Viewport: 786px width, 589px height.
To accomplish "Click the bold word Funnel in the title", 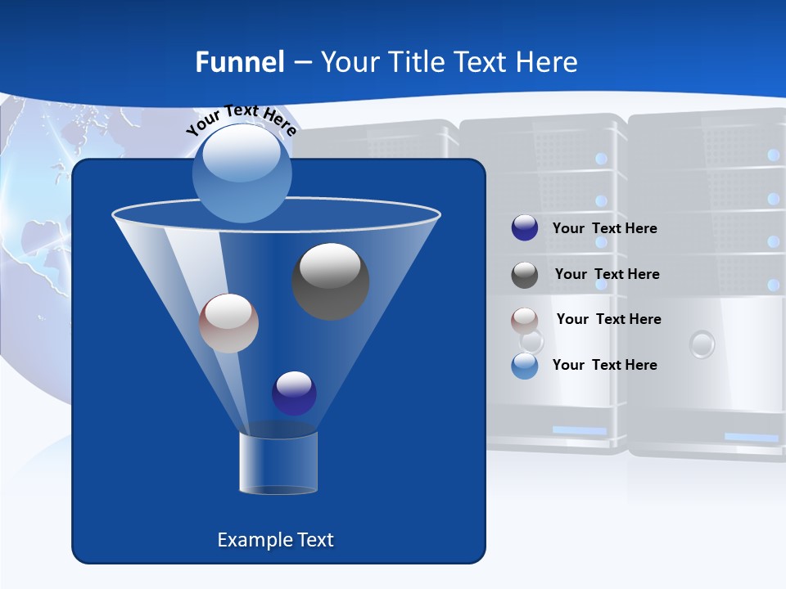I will point(239,62).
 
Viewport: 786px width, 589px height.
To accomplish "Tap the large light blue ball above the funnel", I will point(242,173).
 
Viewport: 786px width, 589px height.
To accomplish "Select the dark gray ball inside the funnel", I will point(330,281).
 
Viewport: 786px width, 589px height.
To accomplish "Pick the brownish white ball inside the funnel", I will point(228,323).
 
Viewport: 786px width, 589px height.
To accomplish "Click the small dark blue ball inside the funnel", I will point(294,393).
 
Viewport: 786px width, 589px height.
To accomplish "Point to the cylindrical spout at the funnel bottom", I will point(278,463).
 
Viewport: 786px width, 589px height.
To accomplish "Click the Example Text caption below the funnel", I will point(275,540).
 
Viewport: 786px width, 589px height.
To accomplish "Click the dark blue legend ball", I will point(525,228).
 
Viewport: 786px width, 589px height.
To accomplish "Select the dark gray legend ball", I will point(525,275).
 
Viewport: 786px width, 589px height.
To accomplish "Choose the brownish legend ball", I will point(525,320).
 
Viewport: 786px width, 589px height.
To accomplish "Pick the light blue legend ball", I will point(525,366).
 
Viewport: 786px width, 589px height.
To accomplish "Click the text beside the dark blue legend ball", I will point(604,228).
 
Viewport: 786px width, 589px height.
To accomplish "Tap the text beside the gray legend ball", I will point(607,274).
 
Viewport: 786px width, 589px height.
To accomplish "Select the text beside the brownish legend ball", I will point(608,319).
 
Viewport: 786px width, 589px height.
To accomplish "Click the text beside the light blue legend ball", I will point(604,365).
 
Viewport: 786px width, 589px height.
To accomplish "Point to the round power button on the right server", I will point(702,344).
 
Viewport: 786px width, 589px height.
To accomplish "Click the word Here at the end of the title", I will point(548,62).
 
